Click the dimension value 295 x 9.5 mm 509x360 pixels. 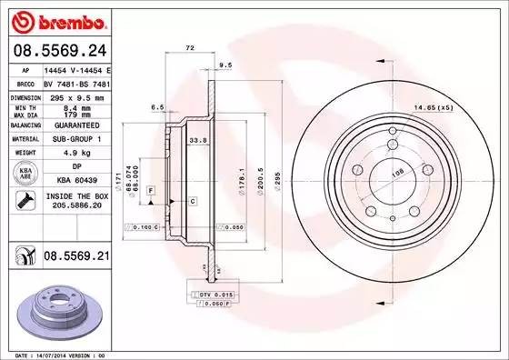77,95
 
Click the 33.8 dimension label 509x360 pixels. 195,141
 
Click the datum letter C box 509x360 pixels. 194,199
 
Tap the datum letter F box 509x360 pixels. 149,187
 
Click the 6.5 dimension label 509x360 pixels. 157,106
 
